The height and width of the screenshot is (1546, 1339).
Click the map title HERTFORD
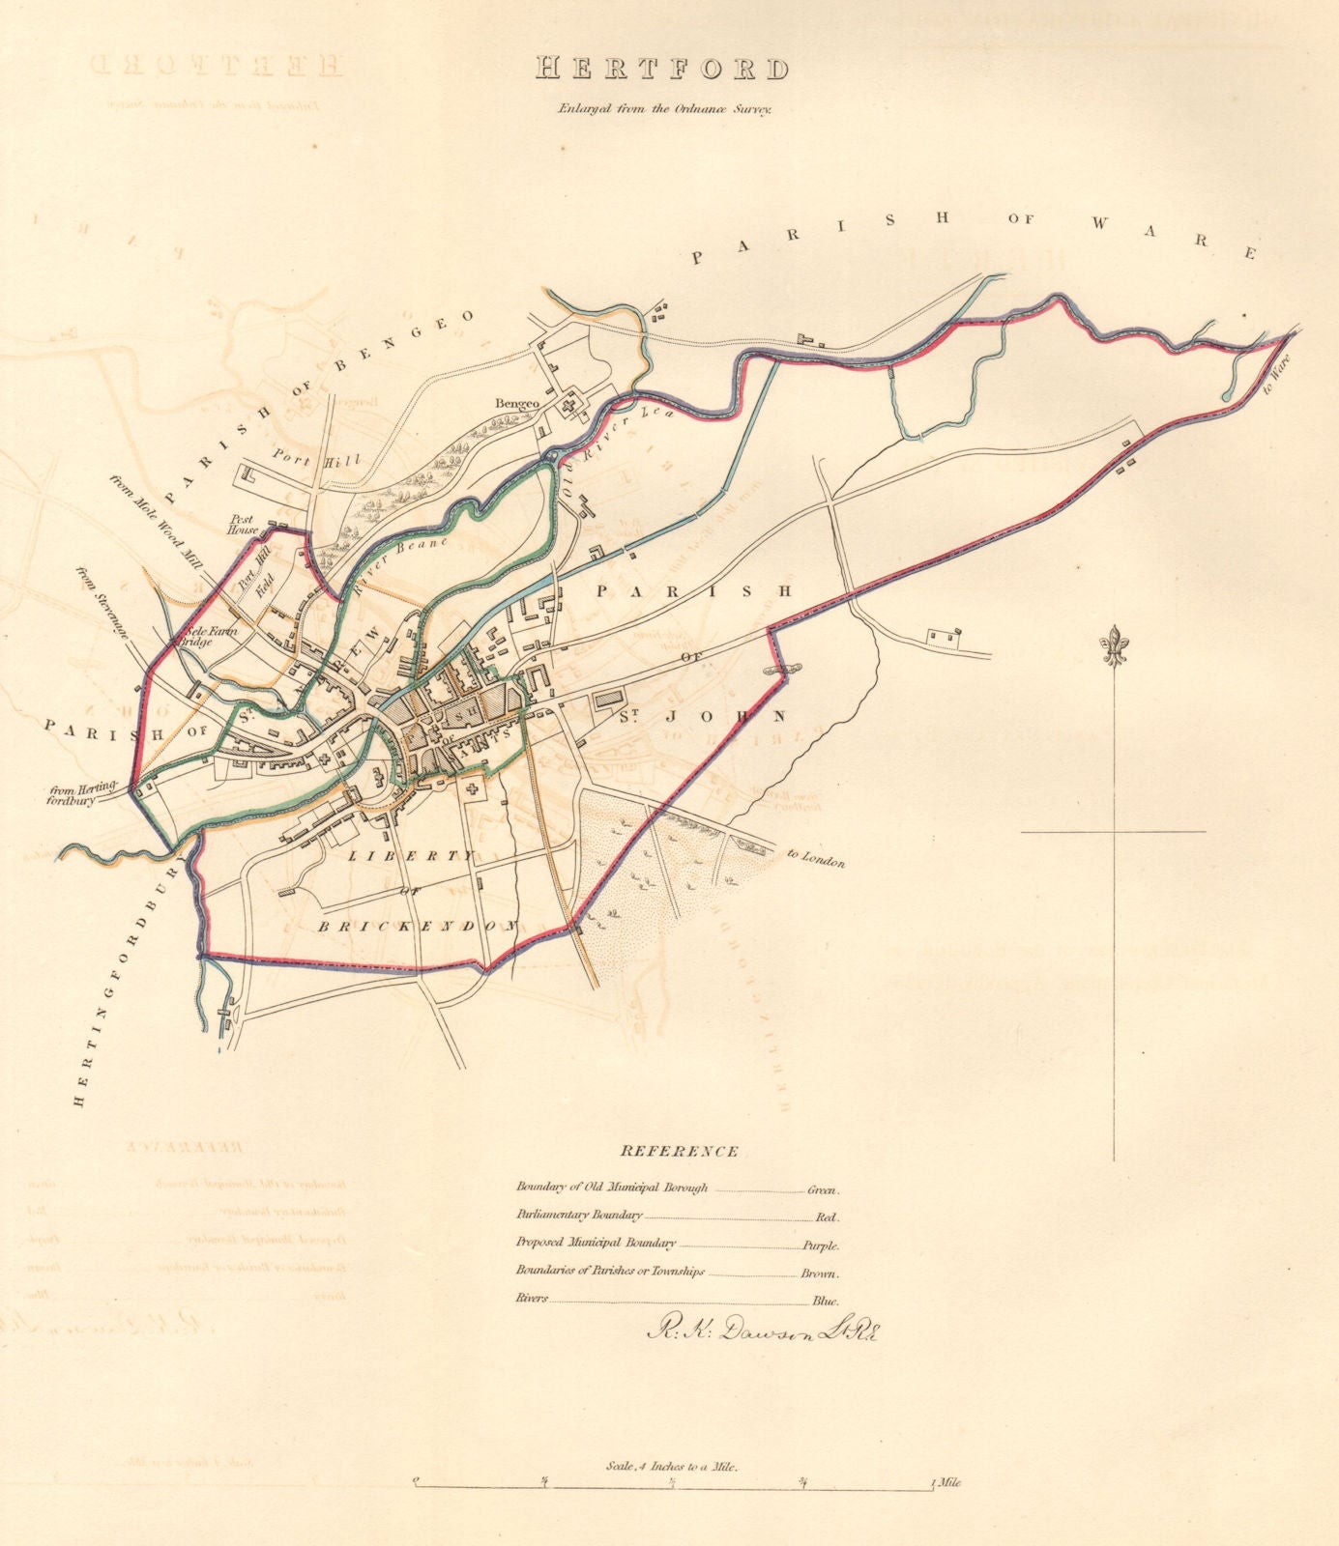pyautogui.click(x=662, y=69)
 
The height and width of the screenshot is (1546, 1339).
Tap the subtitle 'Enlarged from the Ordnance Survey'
pyautogui.click(x=662, y=109)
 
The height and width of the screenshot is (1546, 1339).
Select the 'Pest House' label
pyautogui.click(x=242, y=524)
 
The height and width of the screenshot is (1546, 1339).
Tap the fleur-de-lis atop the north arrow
pyautogui.click(x=1120, y=646)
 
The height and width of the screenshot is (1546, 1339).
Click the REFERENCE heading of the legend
pyautogui.click(x=680, y=1151)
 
